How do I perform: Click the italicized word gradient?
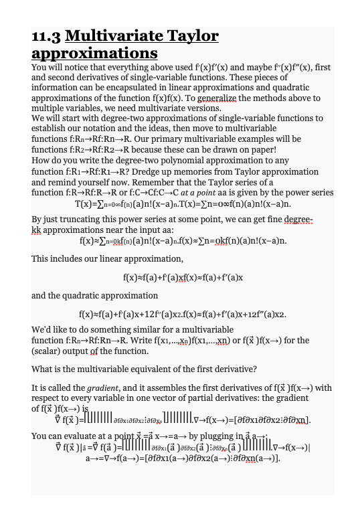(x=95, y=388)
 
